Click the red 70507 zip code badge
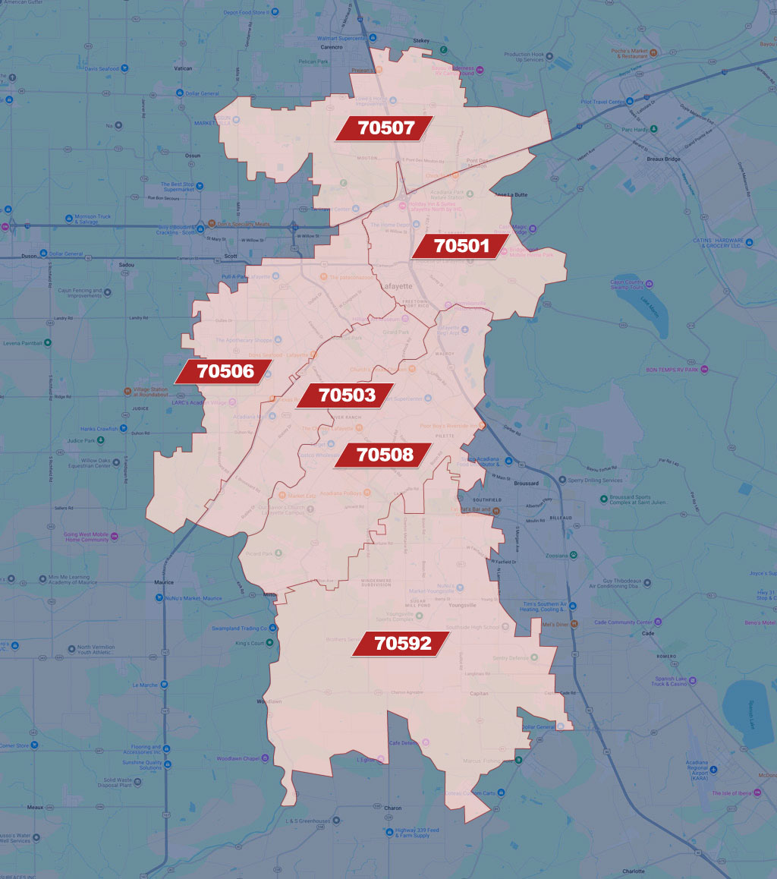tap(386, 128)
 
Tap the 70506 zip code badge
tap(225, 372)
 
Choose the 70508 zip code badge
tap(385, 455)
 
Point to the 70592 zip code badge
tap(403, 644)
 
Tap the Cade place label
tap(647, 633)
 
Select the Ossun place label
tap(192, 155)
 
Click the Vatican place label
tap(183, 68)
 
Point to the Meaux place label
tap(35, 807)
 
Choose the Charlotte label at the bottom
tap(634, 871)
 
